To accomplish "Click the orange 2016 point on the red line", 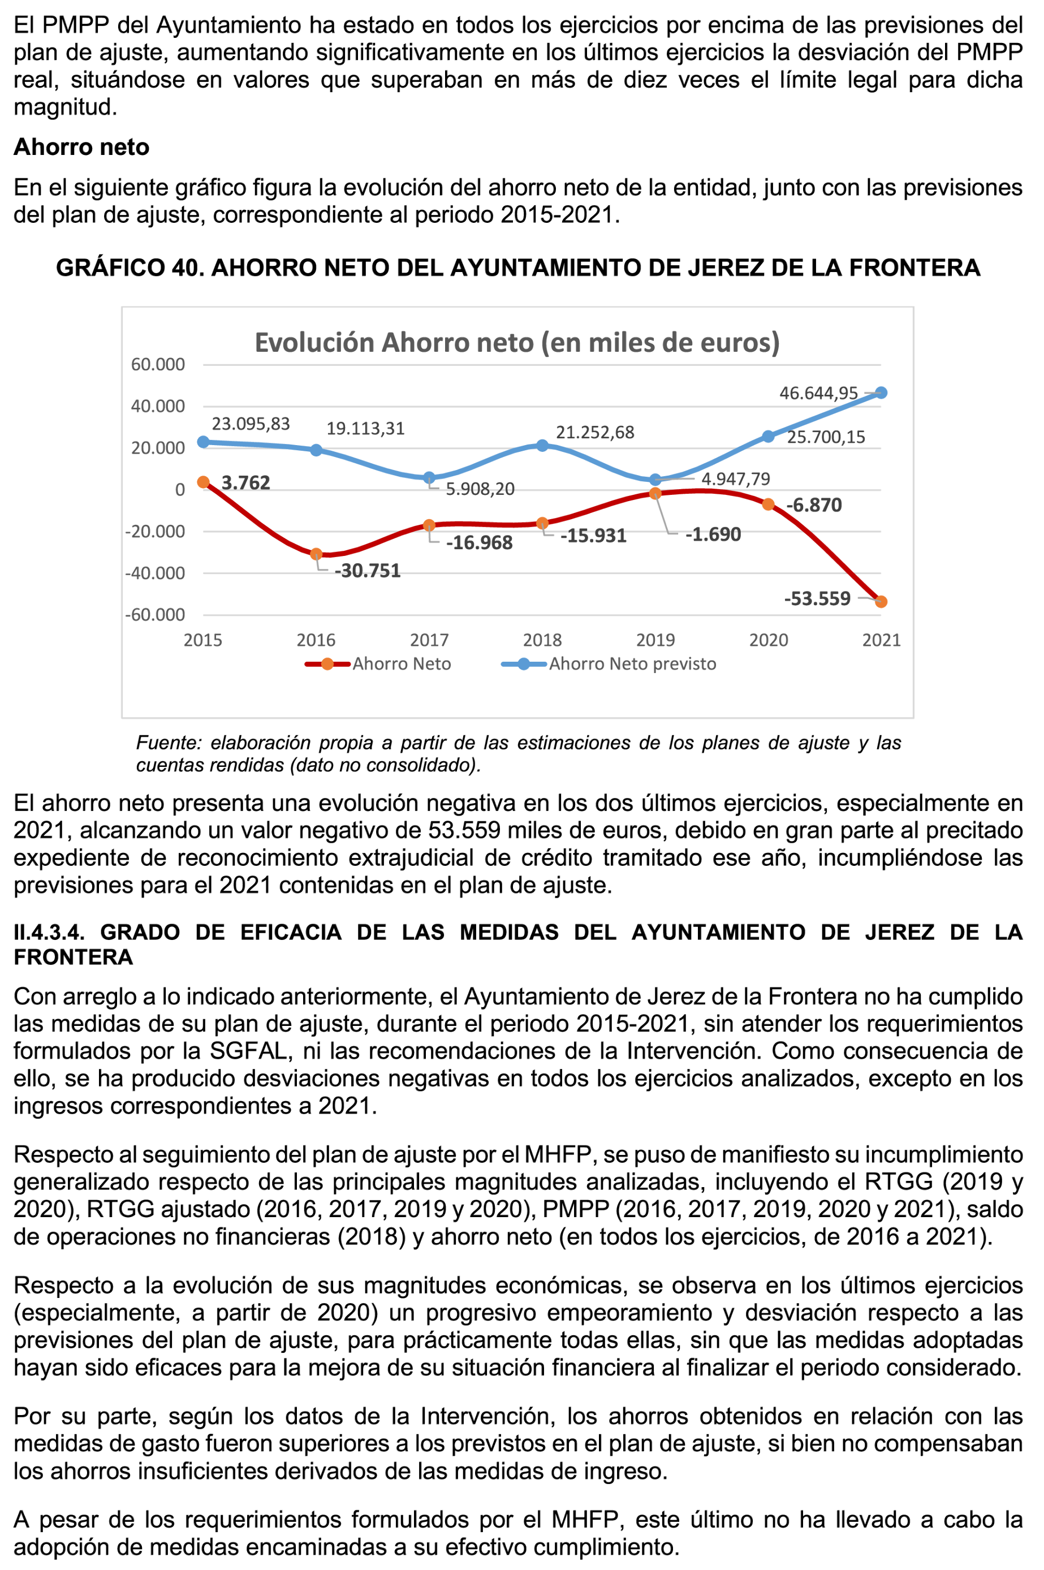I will click(x=316, y=554).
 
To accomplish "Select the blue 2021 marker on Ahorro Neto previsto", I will click(x=881, y=393).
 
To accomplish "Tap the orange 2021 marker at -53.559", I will click(x=881, y=602).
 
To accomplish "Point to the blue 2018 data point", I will click(x=542, y=446).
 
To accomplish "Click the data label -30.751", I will click(x=368, y=571).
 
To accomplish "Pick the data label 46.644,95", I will click(x=818, y=393).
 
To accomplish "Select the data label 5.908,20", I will click(x=480, y=489).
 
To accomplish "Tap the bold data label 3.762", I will click(x=245, y=483).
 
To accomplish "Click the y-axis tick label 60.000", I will click(x=158, y=364).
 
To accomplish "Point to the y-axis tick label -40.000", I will click(x=155, y=573).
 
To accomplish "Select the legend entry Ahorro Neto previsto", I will click(x=632, y=664).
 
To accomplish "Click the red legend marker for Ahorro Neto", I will click(x=327, y=664).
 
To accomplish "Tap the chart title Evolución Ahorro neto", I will click(x=517, y=342).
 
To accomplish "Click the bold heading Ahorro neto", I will click(x=81, y=146).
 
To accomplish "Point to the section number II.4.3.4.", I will click(x=49, y=932).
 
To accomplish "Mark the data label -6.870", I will click(x=814, y=504).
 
